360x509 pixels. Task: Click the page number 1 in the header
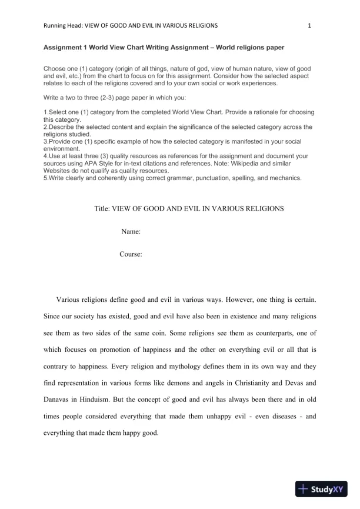click(309, 25)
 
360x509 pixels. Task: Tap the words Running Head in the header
click(63, 25)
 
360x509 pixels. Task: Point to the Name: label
click(131, 232)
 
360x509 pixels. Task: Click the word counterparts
click(276, 332)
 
